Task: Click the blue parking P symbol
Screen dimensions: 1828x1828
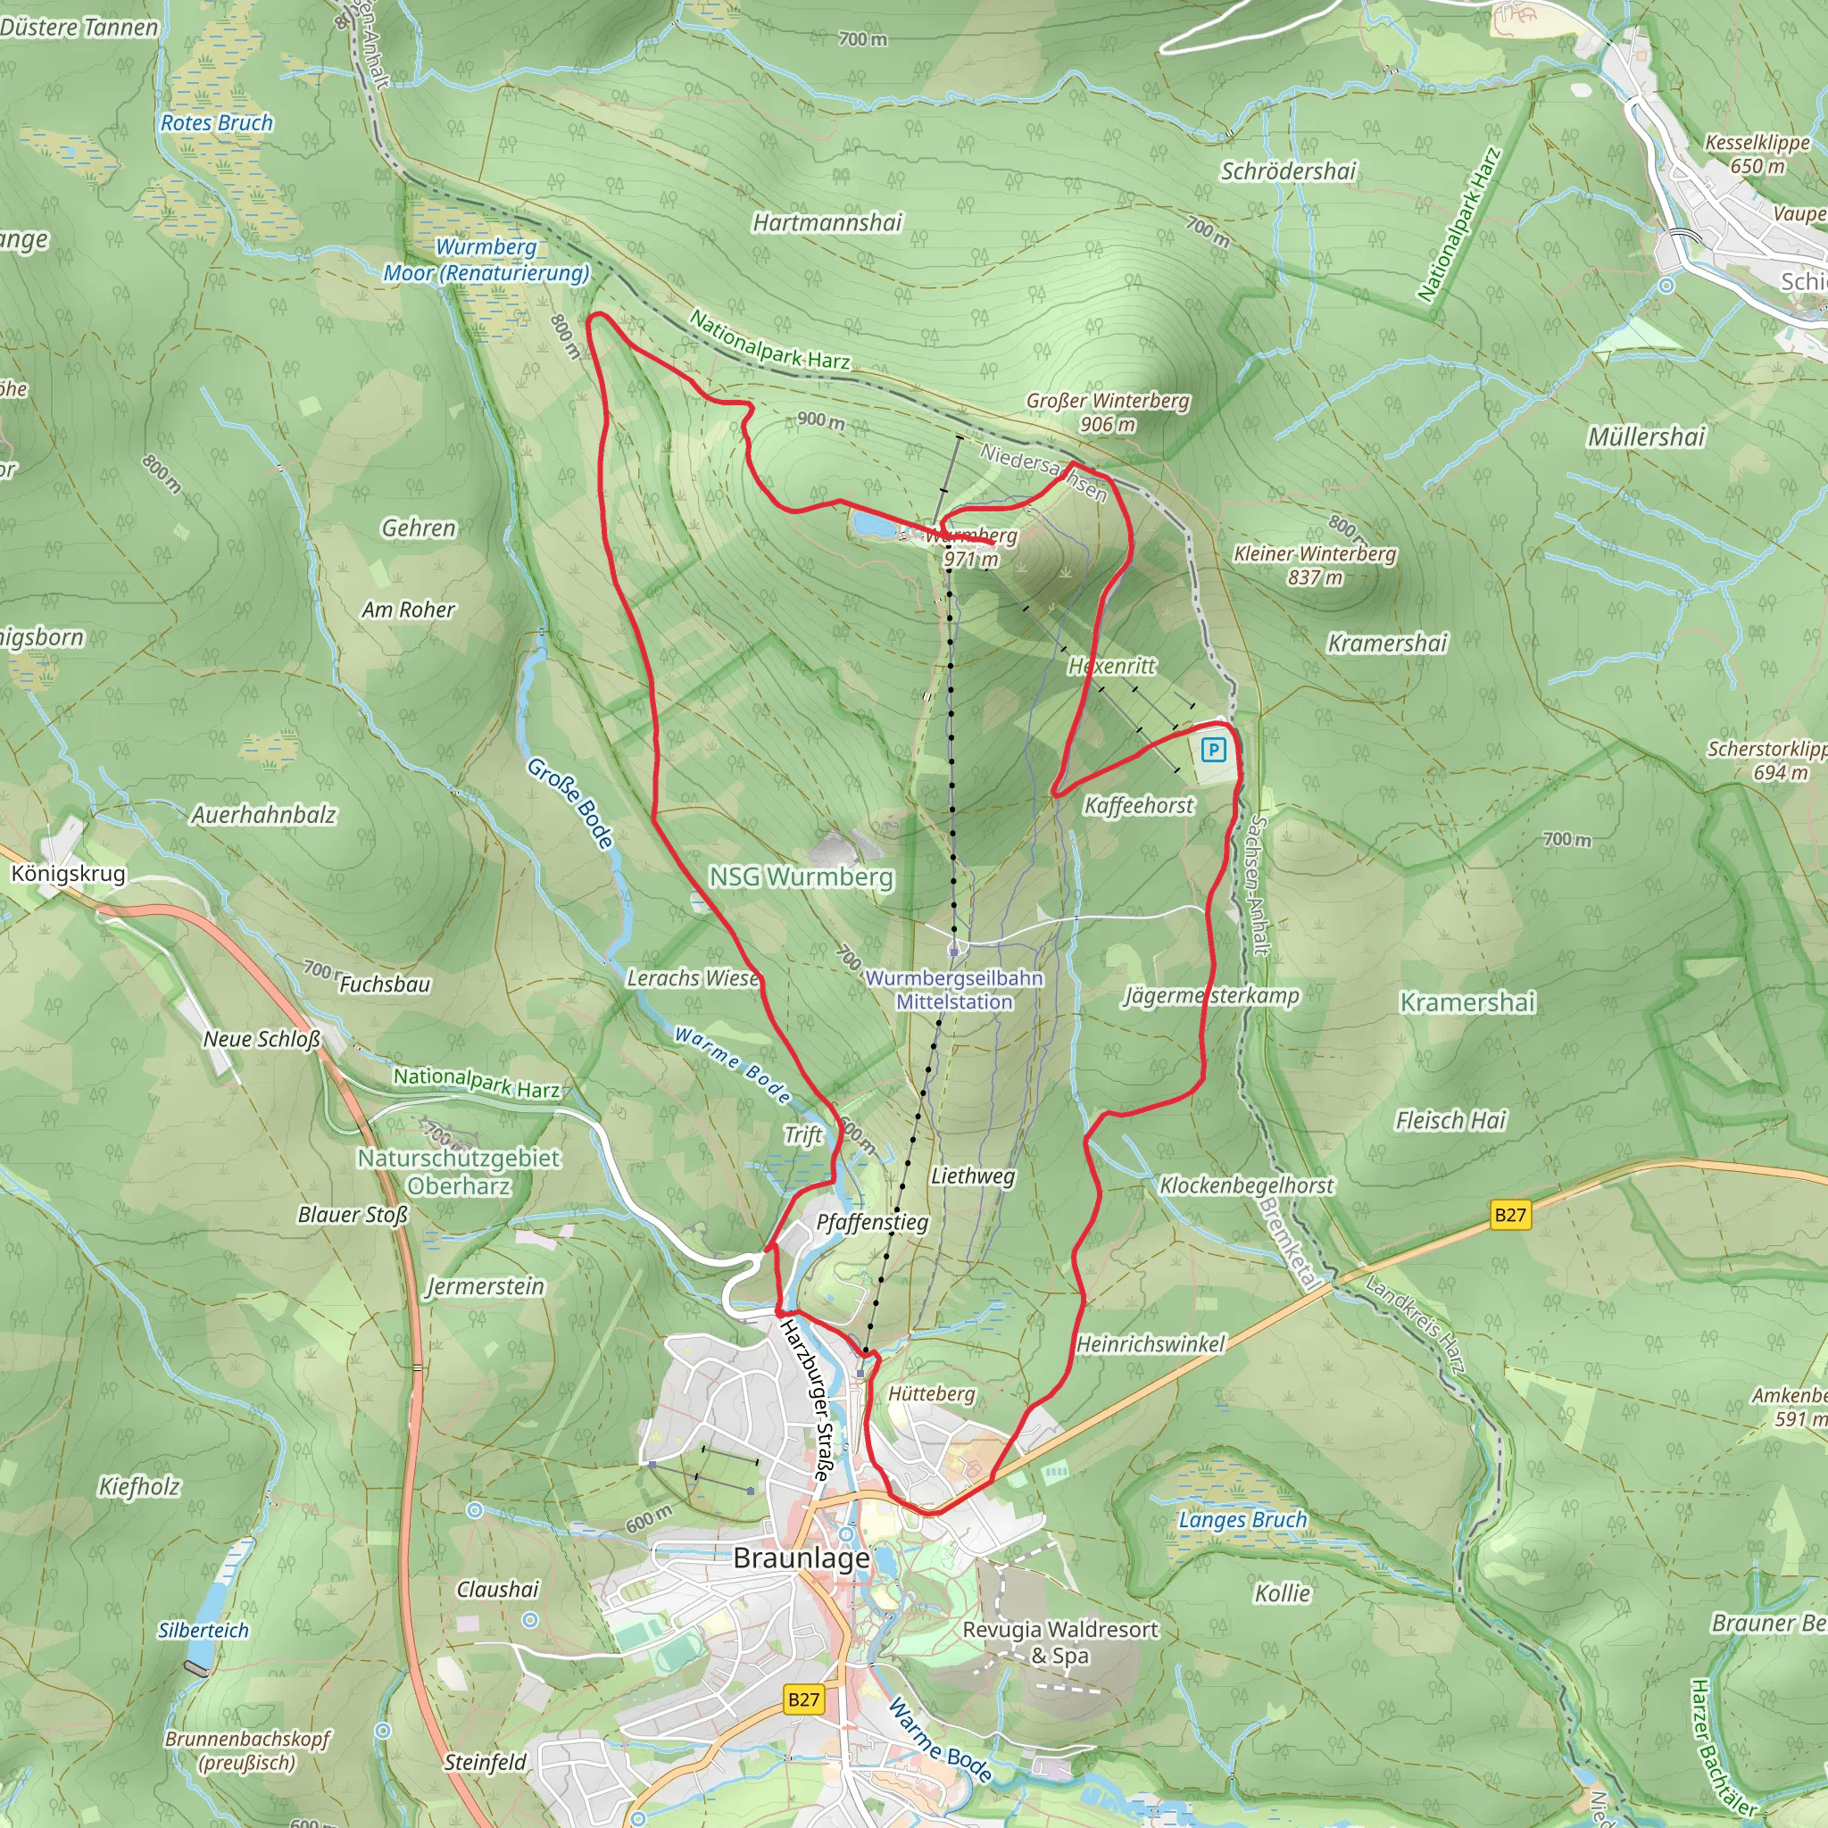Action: tap(1213, 751)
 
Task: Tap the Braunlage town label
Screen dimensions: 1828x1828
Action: tap(802, 1558)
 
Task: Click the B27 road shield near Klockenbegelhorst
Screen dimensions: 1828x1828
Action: tap(1510, 1215)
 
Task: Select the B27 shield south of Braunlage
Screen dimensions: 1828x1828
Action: tap(803, 1699)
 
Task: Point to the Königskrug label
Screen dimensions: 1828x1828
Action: tap(68, 873)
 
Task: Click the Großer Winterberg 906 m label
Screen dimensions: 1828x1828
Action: tap(1108, 412)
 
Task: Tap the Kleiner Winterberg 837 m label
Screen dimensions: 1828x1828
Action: tap(1314, 565)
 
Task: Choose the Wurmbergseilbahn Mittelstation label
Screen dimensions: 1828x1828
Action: tap(954, 990)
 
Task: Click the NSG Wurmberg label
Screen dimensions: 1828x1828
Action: tap(802, 877)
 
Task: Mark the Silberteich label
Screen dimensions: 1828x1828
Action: tap(204, 1630)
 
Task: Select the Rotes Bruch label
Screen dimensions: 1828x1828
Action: tap(217, 123)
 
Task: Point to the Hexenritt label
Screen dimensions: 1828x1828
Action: tap(1112, 666)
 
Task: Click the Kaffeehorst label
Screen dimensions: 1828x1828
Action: tap(1139, 805)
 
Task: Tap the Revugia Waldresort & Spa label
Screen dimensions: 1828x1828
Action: tap(1059, 1642)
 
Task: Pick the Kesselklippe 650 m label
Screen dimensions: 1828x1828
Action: tap(1757, 154)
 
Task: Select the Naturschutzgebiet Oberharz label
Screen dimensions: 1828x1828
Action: tap(459, 1171)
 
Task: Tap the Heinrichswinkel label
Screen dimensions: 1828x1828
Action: tap(1151, 1343)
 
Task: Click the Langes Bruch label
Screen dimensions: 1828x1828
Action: tap(1242, 1519)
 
